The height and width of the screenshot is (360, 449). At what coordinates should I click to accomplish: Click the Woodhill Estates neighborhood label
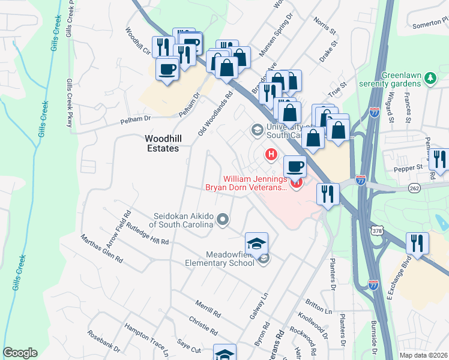162,143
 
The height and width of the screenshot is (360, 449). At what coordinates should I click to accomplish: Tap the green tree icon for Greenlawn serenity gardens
430,78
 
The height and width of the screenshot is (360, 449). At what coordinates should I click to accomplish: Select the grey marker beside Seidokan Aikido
223,220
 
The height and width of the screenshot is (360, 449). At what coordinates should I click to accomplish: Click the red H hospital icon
271,155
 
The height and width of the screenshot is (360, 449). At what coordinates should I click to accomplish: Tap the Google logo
20,353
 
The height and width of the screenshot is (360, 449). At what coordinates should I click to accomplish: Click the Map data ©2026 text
423,355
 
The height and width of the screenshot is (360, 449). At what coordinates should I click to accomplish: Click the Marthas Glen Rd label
102,250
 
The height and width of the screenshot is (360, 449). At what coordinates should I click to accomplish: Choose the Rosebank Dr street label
104,341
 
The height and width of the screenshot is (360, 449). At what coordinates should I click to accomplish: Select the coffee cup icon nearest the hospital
295,166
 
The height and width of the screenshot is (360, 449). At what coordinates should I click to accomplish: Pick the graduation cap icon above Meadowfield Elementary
256,243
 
